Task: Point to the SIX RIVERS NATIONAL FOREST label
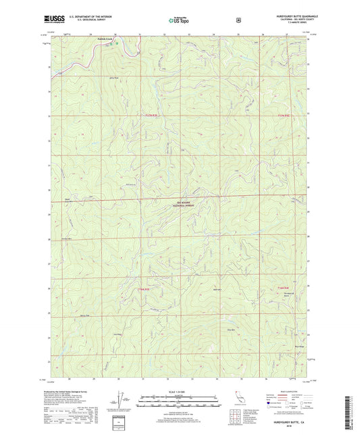pyautogui.click(x=186, y=201)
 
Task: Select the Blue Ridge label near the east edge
pyautogui.click(x=300, y=349)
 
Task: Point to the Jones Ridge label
pyautogui.click(x=116, y=334)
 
